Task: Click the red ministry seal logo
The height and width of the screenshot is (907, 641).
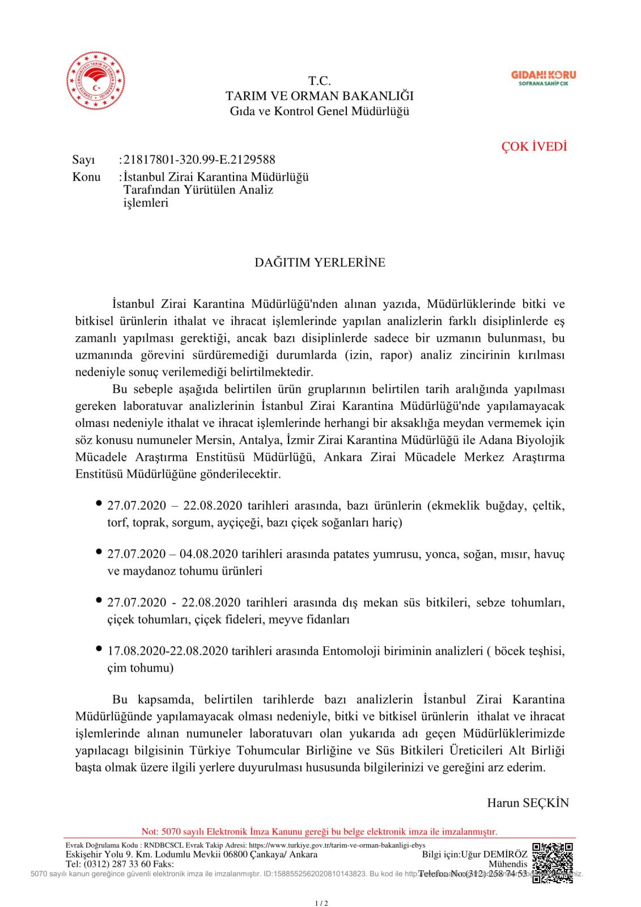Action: tap(95, 80)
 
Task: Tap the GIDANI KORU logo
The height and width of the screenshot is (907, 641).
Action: tap(543, 78)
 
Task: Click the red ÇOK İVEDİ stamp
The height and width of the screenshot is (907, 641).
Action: tap(534, 147)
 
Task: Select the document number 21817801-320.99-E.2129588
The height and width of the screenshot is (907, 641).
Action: tap(199, 160)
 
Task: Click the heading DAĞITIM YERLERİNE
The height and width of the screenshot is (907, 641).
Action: tap(320, 262)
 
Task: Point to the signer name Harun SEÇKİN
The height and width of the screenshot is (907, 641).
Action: tap(528, 803)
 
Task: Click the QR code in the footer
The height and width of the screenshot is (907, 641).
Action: tap(552, 863)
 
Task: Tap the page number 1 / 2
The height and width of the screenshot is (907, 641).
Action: tap(321, 903)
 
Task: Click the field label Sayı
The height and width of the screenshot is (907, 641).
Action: tap(83, 160)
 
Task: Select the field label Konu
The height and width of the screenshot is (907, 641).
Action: tap(86, 177)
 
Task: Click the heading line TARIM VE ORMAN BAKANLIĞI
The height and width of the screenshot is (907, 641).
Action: tap(320, 96)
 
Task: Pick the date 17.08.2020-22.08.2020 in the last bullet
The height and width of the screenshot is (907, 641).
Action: tap(168, 651)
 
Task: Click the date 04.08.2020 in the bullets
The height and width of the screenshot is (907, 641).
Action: tap(209, 554)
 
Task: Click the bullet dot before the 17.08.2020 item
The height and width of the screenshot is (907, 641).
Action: tap(99, 649)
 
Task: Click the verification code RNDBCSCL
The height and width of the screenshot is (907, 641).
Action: tap(164, 845)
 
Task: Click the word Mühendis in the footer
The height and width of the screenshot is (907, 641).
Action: tap(508, 864)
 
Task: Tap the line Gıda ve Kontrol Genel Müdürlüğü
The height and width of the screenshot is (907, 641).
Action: tap(320, 111)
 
